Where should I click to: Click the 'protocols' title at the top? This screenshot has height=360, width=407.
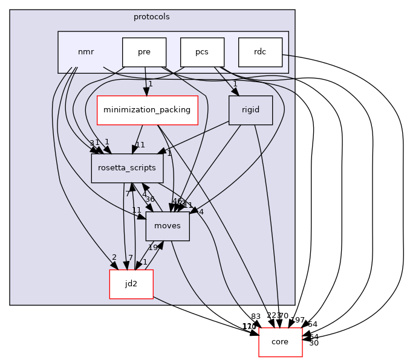152,16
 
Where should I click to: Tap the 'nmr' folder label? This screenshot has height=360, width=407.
86,52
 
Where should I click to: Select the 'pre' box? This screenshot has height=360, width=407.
144,52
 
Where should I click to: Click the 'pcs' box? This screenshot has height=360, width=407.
202,52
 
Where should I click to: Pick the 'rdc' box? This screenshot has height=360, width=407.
260,52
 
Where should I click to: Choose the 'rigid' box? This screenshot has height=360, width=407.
250,110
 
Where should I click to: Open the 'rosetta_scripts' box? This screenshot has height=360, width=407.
127,168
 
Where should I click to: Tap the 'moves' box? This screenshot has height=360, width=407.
168,226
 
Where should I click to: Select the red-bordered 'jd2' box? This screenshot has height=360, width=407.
131,284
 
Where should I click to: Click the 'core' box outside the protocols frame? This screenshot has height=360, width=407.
280,342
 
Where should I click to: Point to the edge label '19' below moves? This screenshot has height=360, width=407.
153,248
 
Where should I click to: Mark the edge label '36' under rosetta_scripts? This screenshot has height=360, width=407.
149,199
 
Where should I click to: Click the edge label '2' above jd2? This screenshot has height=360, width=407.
114,257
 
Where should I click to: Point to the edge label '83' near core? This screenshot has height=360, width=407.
255,316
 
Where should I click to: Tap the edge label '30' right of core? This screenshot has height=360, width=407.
313,343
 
